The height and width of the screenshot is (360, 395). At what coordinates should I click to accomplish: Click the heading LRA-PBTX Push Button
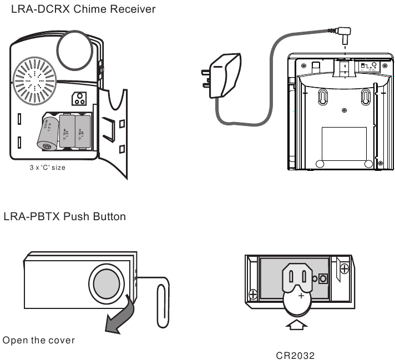[x=64, y=216]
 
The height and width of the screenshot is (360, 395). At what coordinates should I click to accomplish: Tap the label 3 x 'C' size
[x=48, y=167]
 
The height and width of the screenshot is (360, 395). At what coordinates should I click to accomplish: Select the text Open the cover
[x=39, y=340]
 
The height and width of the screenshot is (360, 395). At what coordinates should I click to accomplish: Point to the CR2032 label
[x=295, y=354]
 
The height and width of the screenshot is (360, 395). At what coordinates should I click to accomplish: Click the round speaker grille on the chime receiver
[x=34, y=80]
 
